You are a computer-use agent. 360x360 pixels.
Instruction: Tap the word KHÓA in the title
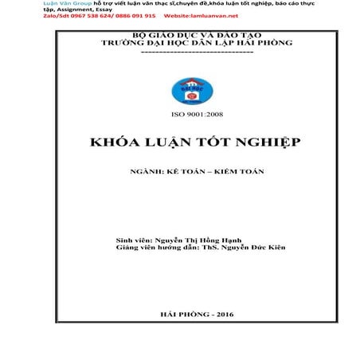(x=115, y=142)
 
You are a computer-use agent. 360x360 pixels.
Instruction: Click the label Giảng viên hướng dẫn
(x=157, y=248)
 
